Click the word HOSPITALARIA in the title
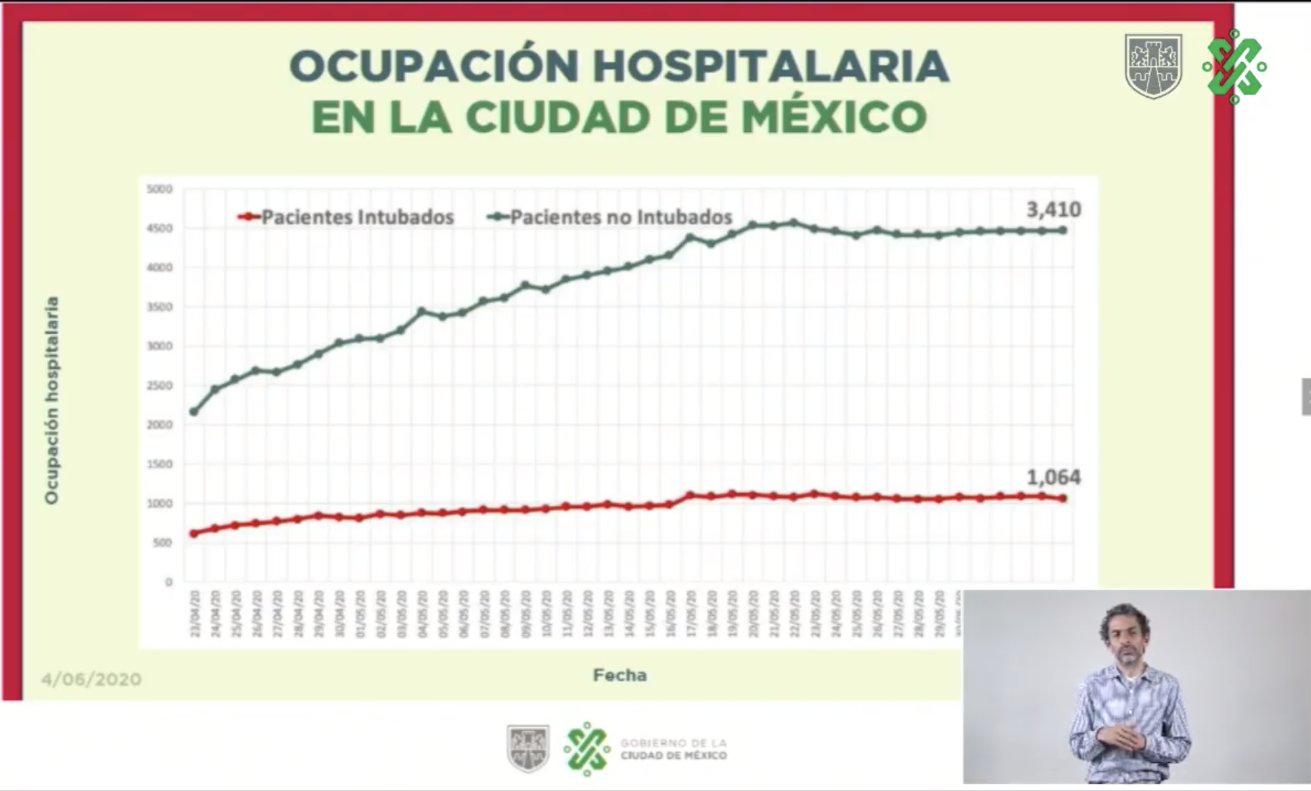coord(771,66)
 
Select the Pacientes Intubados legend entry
coord(357,217)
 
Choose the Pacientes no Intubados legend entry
coord(620,217)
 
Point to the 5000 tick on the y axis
coord(160,189)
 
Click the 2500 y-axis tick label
coord(160,385)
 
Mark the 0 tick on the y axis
coord(169,582)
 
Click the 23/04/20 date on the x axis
coord(194,613)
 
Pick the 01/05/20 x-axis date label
coord(360,613)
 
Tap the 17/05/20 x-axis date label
coord(691,613)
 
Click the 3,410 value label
coord(1053,210)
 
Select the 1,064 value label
coord(1053,477)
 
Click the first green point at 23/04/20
coord(193,411)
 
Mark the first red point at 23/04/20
coord(193,533)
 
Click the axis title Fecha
coord(619,675)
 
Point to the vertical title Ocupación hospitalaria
coord(51,401)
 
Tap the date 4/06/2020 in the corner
coord(91,679)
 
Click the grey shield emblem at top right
coord(1153,65)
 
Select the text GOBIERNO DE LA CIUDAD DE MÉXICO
coord(674,749)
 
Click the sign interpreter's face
coord(1126,629)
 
